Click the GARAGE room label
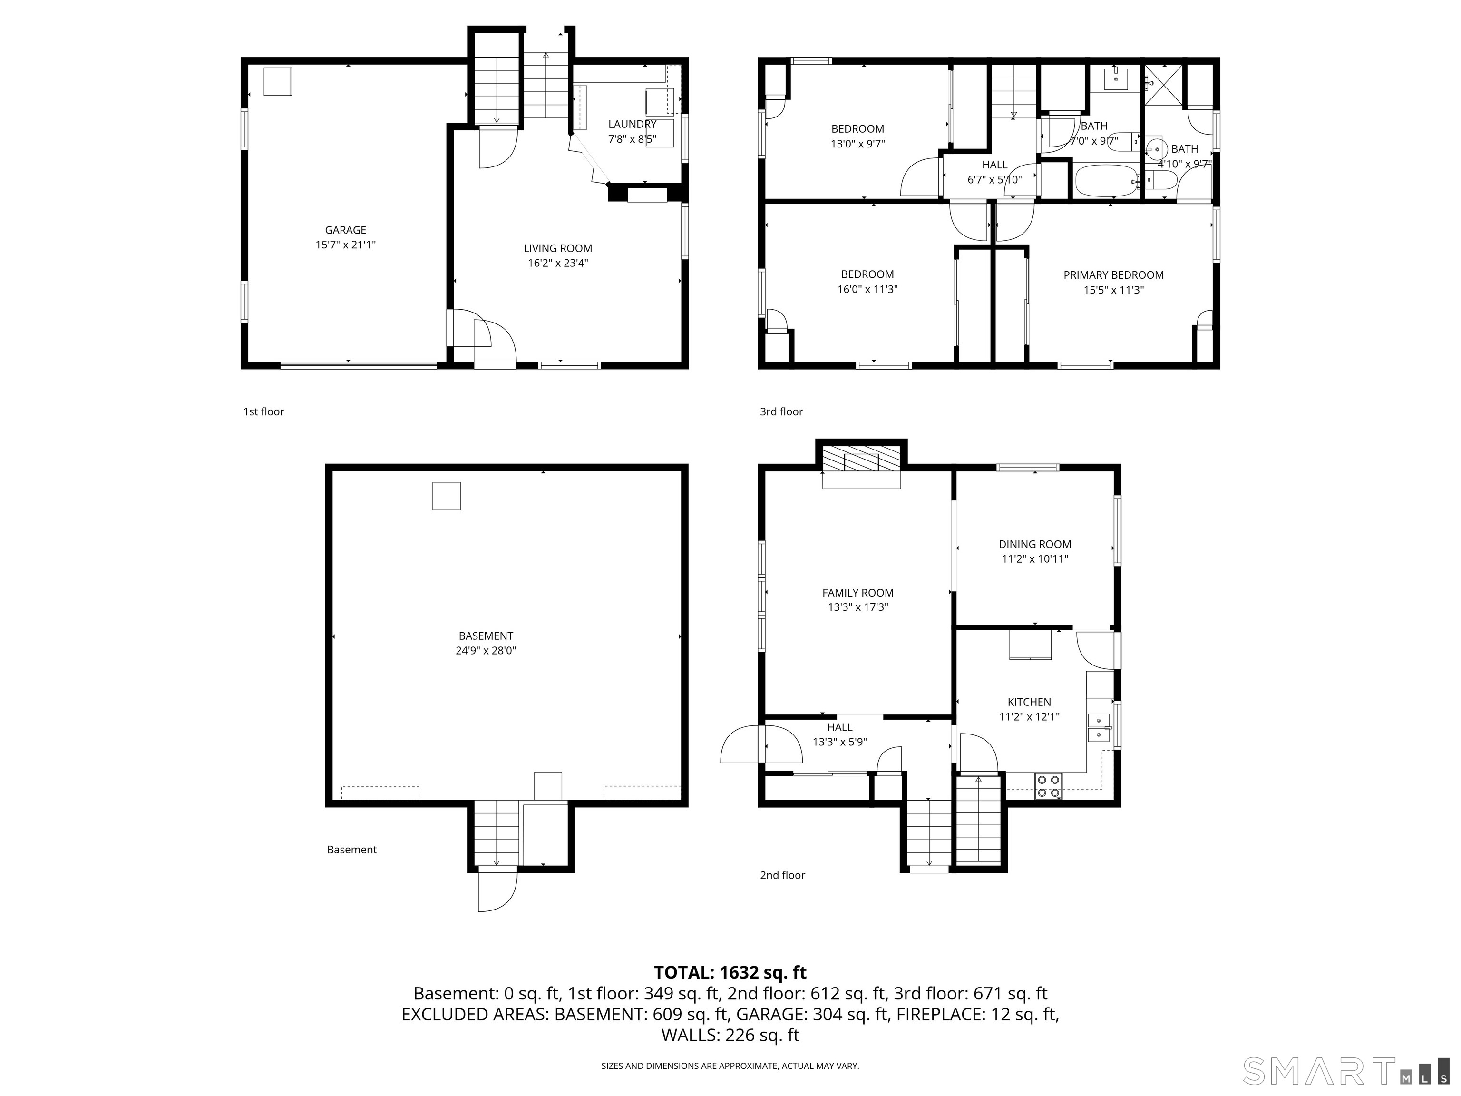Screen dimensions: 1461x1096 pos(345,230)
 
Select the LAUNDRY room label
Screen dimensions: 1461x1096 pos(632,124)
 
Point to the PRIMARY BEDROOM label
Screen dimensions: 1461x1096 pos(1113,275)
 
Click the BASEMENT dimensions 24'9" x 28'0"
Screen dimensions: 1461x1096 pos(486,651)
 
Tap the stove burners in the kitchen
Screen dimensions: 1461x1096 pos(1048,785)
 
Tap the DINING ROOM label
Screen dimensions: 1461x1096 pos(1034,544)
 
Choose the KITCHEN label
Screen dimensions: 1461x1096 pos(1029,702)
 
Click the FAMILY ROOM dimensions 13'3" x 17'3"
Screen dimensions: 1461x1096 pos(858,607)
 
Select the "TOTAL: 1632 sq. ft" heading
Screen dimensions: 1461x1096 pos(730,972)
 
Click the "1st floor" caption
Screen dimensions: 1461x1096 pos(263,411)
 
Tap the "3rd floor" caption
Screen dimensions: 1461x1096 pos(781,411)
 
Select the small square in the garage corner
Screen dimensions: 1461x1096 pos(277,81)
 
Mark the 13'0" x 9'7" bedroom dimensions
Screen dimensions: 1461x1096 pos(857,143)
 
